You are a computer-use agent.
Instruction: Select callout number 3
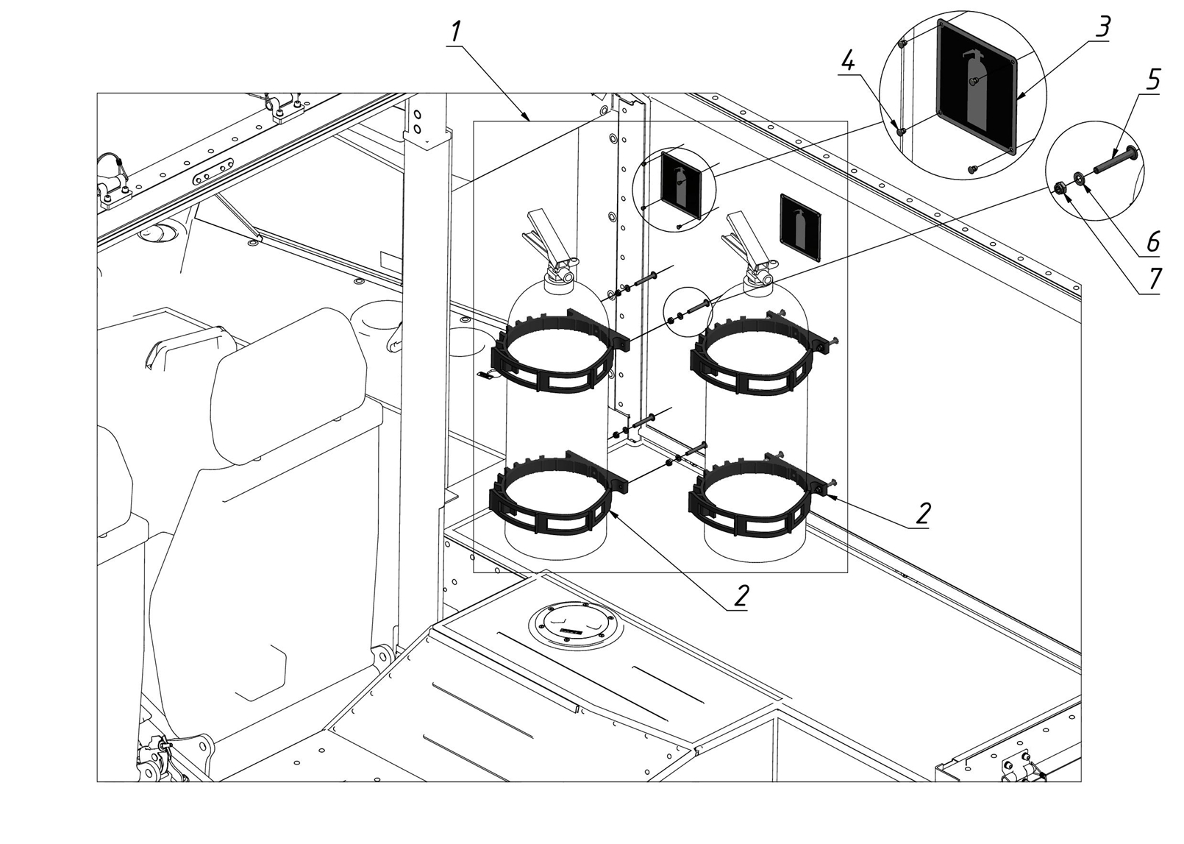(1102, 27)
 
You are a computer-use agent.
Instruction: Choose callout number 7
(1153, 279)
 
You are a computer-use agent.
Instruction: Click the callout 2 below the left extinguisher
(741, 596)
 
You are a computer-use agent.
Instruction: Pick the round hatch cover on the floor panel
(576, 628)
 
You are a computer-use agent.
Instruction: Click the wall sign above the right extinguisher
(800, 228)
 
